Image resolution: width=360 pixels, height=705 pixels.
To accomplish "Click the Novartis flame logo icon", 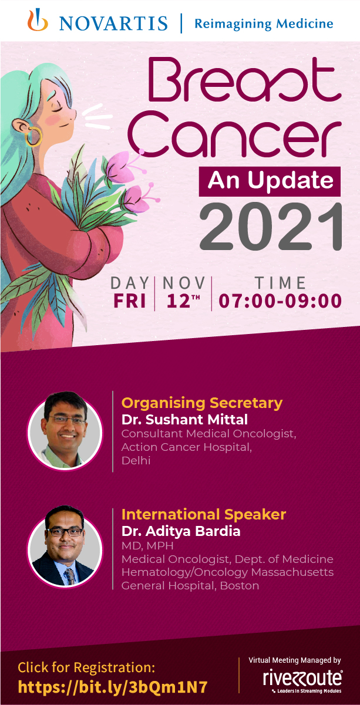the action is click(x=38, y=20).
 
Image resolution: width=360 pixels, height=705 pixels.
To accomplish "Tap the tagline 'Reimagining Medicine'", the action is click(x=264, y=24).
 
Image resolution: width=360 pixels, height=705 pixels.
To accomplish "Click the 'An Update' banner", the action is click(x=270, y=181).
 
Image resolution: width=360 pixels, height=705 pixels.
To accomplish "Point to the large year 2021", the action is click(x=271, y=226).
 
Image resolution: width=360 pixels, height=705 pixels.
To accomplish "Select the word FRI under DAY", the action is click(x=130, y=301).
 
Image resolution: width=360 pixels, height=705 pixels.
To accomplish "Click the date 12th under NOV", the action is click(x=183, y=301).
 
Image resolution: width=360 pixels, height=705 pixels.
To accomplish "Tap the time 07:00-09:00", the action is click(x=280, y=301).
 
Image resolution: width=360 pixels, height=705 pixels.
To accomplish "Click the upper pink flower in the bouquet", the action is click(x=118, y=165).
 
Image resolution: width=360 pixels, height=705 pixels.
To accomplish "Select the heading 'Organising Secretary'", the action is click(x=202, y=403).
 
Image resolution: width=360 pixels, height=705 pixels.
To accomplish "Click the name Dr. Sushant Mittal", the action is click(x=184, y=420).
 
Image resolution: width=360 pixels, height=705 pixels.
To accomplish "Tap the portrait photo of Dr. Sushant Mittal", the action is click(x=65, y=431).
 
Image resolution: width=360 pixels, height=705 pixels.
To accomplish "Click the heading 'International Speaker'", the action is click(x=204, y=515).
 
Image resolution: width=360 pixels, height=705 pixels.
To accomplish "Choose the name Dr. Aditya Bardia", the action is click(x=181, y=531).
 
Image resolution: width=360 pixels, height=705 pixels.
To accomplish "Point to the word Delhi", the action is click(x=136, y=460).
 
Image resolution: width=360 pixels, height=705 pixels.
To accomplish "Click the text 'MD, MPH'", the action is click(x=147, y=545).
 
